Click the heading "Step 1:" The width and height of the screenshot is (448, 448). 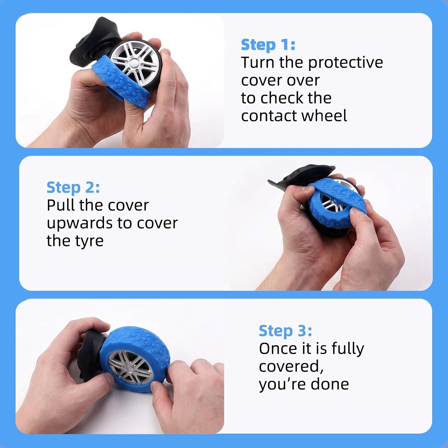pyautogui.click(x=268, y=45)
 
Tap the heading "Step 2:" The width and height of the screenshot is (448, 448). pyautogui.click(x=73, y=188)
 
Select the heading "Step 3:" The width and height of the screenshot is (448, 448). pyautogui.click(x=285, y=331)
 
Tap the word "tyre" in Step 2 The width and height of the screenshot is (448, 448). pyautogui.click(x=89, y=241)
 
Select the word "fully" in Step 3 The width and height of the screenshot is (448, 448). pyautogui.click(x=348, y=349)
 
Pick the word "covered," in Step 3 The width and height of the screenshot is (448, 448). pyautogui.click(x=291, y=367)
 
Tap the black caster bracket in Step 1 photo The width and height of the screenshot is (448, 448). pyautogui.click(x=90, y=42)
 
